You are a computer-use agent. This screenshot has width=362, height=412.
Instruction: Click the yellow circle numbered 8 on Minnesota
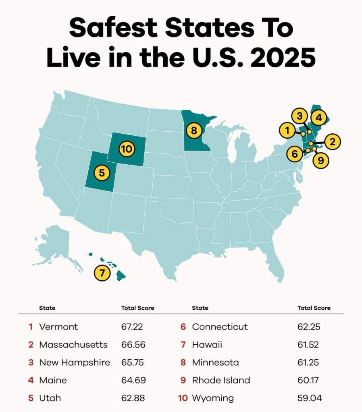click(x=194, y=130)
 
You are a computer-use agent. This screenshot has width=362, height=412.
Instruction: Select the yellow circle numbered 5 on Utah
click(x=102, y=173)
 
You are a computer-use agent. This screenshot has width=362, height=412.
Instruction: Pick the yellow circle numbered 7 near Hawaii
click(x=102, y=273)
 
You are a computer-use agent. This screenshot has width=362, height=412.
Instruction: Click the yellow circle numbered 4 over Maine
click(x=318, y=118)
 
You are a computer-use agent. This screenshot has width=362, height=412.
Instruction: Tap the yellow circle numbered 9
click(x=320, y=160)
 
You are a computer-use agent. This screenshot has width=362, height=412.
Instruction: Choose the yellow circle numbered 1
click(x=287, y=130)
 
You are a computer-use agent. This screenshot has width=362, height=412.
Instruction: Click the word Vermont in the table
click(x=58, y=327)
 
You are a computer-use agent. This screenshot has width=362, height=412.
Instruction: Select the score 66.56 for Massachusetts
click(x=133, y=345)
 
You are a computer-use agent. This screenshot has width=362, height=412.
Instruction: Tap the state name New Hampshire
click(x=75, y=362)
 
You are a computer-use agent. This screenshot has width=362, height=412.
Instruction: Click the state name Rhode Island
click(x=221, y=380)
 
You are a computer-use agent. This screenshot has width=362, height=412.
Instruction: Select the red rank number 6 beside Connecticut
click(x=183, y=327)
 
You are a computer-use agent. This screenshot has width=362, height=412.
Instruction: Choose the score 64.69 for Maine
click(x=133, y=380)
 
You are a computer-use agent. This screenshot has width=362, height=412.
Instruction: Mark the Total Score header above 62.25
click(x=314, y=308)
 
